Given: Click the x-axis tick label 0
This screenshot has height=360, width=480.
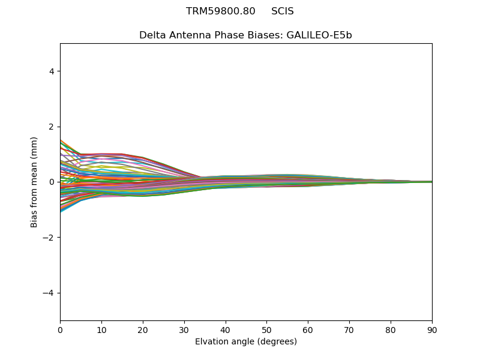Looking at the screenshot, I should pos(60,329).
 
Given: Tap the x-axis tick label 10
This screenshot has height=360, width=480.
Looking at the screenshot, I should pos(101,329).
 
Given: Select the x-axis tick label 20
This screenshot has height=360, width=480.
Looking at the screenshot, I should pos(143,329).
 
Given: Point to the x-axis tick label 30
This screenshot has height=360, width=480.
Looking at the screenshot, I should pos(184,329).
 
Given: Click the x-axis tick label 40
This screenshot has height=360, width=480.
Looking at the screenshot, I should pos(226,329).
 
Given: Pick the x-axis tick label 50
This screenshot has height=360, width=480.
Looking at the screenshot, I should pos(266,329).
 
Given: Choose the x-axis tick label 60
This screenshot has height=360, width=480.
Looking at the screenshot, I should pos(308,329).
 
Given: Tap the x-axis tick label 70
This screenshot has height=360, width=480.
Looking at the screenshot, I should pos(349,329).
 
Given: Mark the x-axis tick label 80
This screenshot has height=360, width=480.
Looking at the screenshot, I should pos(391,329).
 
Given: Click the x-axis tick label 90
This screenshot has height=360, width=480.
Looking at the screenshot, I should pos(432,329).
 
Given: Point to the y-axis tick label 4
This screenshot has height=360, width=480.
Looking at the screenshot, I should pos(52,71).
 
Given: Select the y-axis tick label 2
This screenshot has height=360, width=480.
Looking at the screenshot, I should pos(52,127).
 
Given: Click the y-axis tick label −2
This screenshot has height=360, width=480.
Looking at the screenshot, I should pos(50,238).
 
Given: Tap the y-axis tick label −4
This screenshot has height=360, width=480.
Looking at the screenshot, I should pos(50,293).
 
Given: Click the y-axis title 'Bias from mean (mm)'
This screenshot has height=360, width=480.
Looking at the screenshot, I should pos(34,182).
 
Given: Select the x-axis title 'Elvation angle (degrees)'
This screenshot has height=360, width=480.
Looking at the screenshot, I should pos(246,342).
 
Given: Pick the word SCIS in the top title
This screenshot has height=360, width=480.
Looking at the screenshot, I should pos(283,11).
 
